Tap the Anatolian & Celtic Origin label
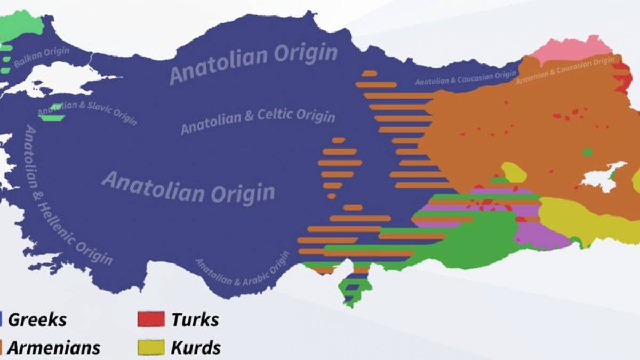coord(258,122)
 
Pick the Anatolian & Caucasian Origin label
coord(465,78)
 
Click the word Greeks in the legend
coord(37,320)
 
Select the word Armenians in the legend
coord(54,348)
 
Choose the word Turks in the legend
coord(195,320)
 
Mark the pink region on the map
coord(571,50)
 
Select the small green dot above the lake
coord(587,153)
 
